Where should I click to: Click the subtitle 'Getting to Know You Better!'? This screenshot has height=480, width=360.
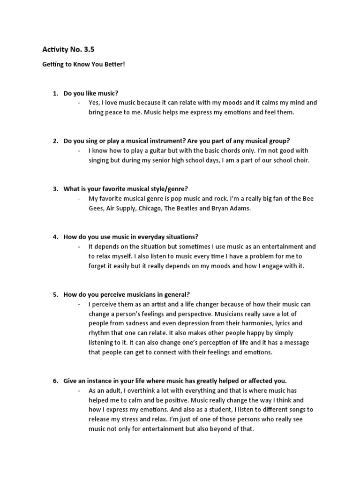pyautogui.click(x=84, y=64)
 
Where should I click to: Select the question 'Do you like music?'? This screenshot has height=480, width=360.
pyautogui.click(x=94, y=93)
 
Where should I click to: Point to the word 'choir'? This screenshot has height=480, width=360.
pyautogui.click(x=300, y=160)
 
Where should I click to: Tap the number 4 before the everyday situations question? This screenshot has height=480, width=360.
pyautogui.click(x=55, y=237)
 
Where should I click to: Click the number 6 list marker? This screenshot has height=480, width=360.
pyautogui.click(x=55, y=381)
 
